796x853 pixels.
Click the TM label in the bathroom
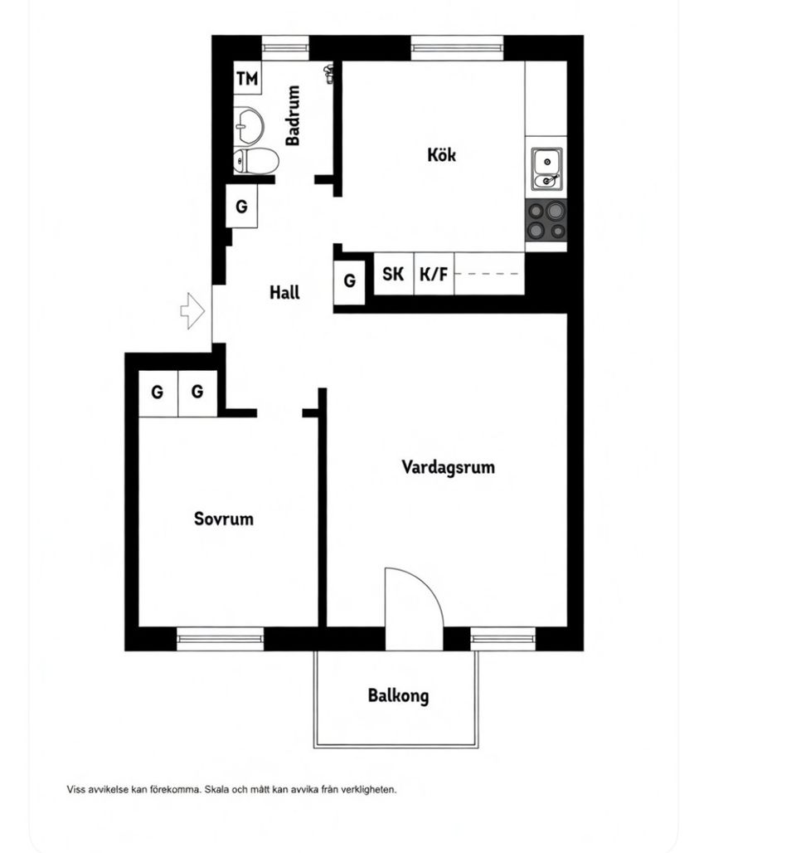click(247, 79)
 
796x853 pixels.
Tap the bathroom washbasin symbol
click(248, 125)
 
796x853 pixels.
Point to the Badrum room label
click(293, 116)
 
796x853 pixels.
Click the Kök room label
click(441, 154)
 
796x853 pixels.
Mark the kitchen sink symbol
click(546, 168)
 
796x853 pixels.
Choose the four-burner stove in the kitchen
click(546, 220)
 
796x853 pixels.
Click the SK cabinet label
click(393, 275)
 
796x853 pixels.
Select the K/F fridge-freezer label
click(433, 275)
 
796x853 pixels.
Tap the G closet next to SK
click(349, 281)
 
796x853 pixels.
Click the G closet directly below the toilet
click(241, 207)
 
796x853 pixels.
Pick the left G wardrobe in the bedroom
click(157, 392)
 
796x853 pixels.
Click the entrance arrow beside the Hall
click(192, 311)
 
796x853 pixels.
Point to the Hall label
click(284, 293)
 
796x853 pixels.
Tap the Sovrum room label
click(224, 519)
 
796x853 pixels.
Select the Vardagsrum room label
click(448, 467)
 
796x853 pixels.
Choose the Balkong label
click(398, 695)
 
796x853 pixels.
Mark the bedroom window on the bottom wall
click(220, 638)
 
